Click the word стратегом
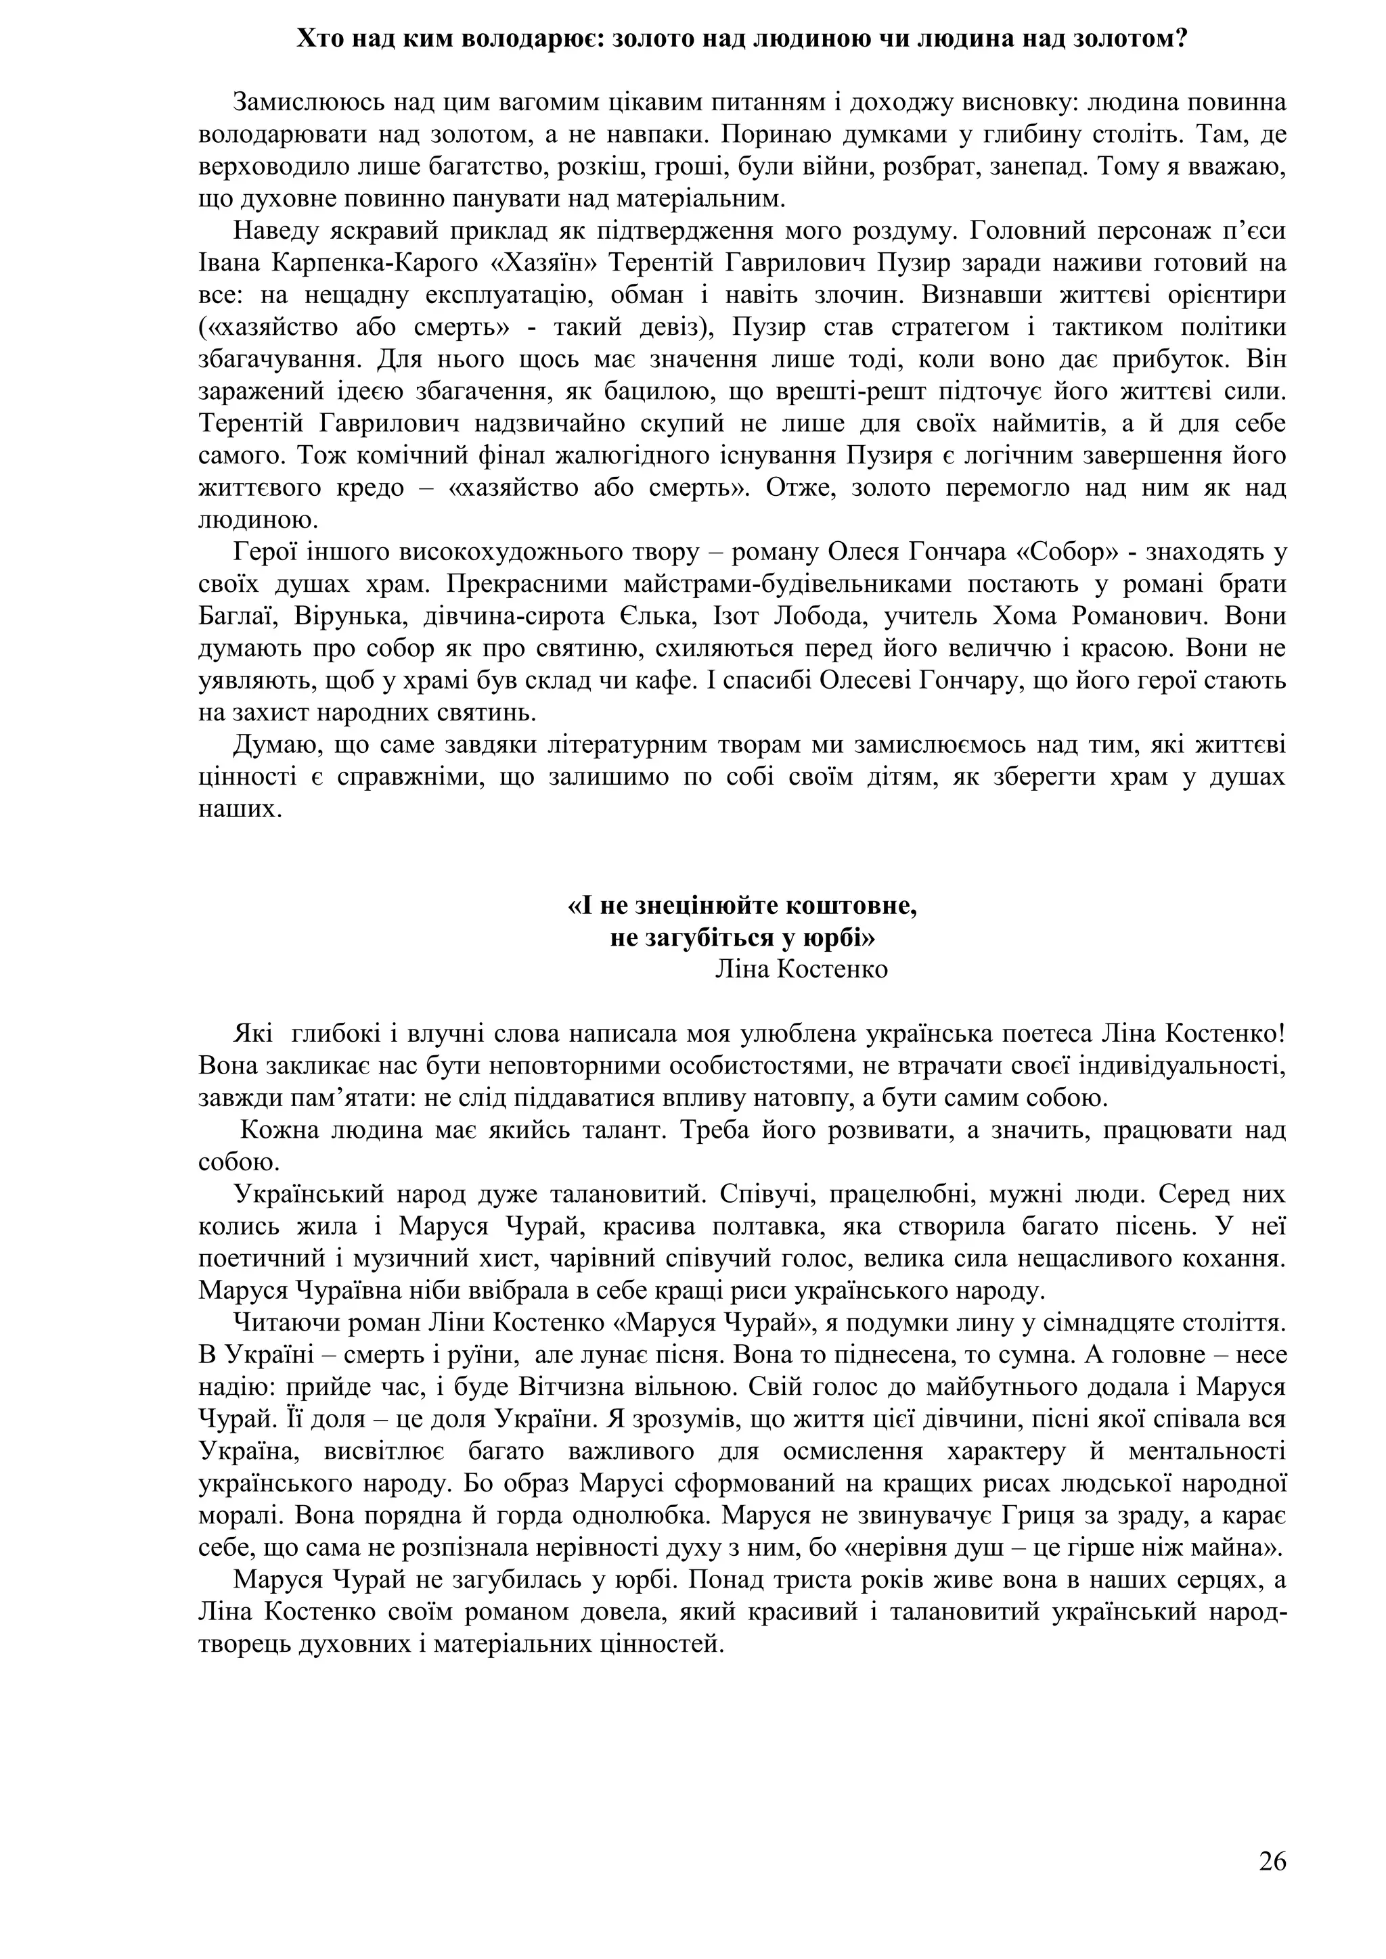(x=882, y=327)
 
